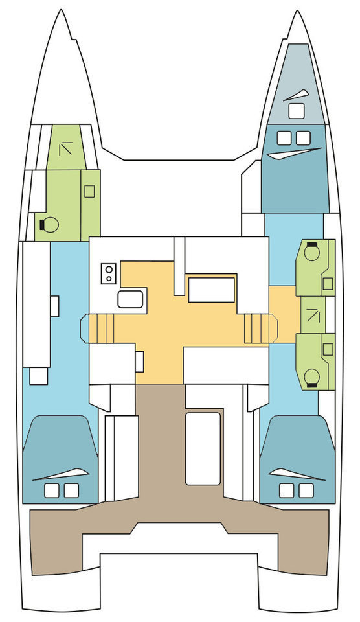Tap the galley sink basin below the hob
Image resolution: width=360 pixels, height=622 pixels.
coord(130,299)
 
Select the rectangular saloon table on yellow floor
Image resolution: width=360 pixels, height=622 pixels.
coord(211,290)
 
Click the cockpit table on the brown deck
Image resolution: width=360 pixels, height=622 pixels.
coord(203,447)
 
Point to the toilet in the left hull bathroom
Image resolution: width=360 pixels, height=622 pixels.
coord(49,225)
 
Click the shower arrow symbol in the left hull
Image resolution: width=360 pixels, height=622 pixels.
coord(65,150)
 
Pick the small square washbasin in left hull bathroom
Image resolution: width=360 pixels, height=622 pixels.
coord(89,191)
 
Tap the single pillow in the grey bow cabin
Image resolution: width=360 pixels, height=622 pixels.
coord(295,111)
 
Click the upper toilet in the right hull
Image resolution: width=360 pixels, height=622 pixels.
coord(311,252)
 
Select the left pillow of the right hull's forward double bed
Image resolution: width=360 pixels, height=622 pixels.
coord(284,137)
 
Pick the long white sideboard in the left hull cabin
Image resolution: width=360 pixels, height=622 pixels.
coord(36,305)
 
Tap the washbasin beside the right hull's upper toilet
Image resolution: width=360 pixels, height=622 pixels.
coord(328,283)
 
